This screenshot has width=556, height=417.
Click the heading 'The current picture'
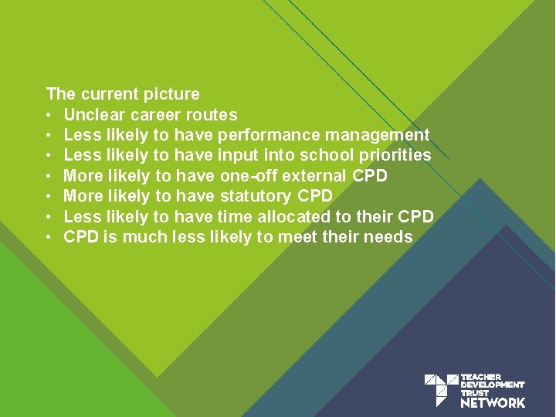point(123,94)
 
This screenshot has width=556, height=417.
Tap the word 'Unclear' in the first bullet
point(95,115)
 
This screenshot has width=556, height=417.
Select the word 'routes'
point(214,115)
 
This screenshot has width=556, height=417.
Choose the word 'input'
point(239,155)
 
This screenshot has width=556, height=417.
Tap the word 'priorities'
point(394,155)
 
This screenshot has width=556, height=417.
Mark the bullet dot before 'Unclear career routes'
point(49,116)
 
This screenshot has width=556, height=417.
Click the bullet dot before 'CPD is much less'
point(49,238)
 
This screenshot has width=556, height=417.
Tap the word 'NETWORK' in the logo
point(493,402)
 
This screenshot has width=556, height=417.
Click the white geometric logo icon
point(440,389)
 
